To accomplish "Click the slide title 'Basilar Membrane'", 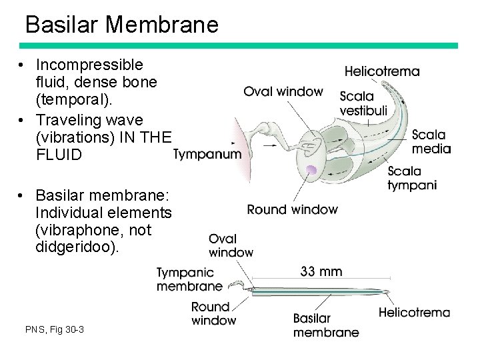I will [121, 25].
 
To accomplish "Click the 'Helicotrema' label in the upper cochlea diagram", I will [382, 71].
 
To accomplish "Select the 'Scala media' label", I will [431, 141].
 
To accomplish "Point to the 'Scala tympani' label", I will [412, 178].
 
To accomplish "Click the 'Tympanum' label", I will [207, 155].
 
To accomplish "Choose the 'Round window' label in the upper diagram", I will [292, 209].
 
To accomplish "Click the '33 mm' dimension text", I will [321, 271].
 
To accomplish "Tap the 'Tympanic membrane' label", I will [189, 279].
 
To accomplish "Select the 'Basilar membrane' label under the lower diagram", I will [325, 325].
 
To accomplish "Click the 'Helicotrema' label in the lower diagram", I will [414, 312].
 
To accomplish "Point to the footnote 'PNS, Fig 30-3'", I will [55, 329].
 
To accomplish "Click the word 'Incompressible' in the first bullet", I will [89, 65].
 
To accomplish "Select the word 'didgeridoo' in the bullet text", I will [75, 247].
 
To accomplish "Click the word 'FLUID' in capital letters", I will [59, 155].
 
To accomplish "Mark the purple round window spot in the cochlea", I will [311, 171].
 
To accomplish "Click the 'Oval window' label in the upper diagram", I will [283, 91].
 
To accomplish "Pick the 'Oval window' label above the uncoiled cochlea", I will [231, 245].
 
